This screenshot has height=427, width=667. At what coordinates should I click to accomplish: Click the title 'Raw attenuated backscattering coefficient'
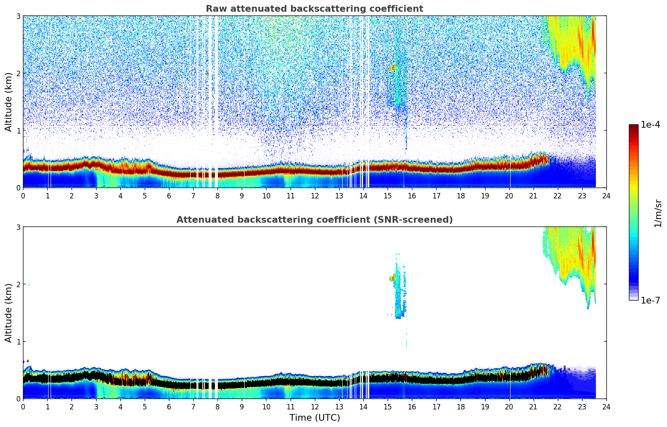click(x=314, y=9)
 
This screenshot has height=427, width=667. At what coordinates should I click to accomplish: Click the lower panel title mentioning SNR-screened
click(x=314, y=220)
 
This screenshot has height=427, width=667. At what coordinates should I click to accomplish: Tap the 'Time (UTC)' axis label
click(x=314, y=418)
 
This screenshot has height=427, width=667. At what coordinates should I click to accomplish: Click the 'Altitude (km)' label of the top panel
click(x=9, y=102)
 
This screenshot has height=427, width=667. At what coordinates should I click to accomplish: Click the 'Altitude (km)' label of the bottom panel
click(x=9, y=313)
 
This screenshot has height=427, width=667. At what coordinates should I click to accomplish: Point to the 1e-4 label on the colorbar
click(x=650, y=125)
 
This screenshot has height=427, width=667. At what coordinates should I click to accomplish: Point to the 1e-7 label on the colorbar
click(x=650, y=300)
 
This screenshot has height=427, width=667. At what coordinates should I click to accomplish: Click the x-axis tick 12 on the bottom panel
click(x=315, y=406)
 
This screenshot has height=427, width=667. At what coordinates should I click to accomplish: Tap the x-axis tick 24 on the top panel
click(x=606, y=195)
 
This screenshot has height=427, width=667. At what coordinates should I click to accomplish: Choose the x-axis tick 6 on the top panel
click(x=169, y=195)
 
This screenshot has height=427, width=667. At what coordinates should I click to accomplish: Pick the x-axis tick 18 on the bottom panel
click(x=460, y=406)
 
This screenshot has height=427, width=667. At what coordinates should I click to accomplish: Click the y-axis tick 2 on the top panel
click(x=18, y=73)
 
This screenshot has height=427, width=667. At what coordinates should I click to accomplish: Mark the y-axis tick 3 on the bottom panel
click(x=18, y=227)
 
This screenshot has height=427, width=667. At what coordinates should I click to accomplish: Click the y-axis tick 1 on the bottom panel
click(x=18, y=342)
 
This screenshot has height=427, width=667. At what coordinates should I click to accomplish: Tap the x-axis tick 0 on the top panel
click(x=23, y=195)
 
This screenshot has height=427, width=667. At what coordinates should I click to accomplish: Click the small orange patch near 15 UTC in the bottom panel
click(x=393, y=278)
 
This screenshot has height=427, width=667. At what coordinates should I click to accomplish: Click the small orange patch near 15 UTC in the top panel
click(x=393, y=67)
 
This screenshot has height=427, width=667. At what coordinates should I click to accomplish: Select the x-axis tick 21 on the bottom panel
click(x=533, y=406)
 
